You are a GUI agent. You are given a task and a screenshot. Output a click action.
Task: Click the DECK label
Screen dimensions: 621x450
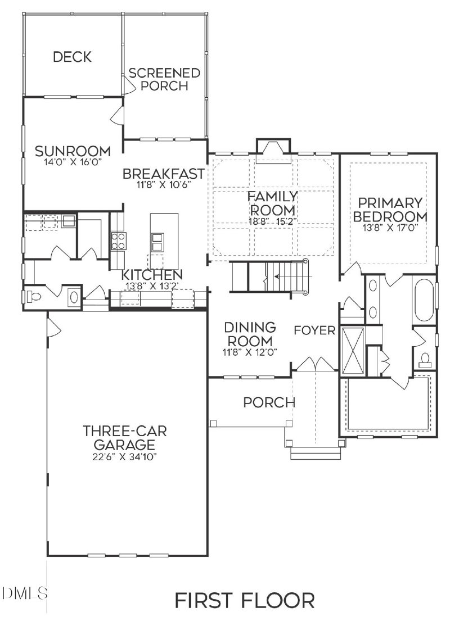click(72, 57)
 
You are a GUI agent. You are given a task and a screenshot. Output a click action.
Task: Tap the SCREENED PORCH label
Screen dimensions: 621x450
click(164, 79)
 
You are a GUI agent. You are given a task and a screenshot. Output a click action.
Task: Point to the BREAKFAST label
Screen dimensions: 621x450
click(163, 173)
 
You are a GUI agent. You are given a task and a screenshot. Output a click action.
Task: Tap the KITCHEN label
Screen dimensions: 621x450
click(152, 275)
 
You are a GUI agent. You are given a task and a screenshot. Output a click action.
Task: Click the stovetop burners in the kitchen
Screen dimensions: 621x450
click(119, 241)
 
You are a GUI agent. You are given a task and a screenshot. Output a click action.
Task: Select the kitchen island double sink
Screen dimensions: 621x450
click(157, 242)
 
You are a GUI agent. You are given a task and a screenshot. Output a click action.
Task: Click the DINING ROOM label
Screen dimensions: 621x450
click(250, 334)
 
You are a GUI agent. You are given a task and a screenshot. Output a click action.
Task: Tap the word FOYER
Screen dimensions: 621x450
click(314, 330)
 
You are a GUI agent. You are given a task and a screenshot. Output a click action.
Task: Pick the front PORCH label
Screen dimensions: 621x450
click(269, 402)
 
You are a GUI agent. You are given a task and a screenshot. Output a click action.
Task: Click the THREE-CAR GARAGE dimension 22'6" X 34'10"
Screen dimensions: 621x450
click(125, 457)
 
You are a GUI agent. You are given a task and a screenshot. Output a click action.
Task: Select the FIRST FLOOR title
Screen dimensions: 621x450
click(244, 600)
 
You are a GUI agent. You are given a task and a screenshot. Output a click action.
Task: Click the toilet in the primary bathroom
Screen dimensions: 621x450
click(425, 358)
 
